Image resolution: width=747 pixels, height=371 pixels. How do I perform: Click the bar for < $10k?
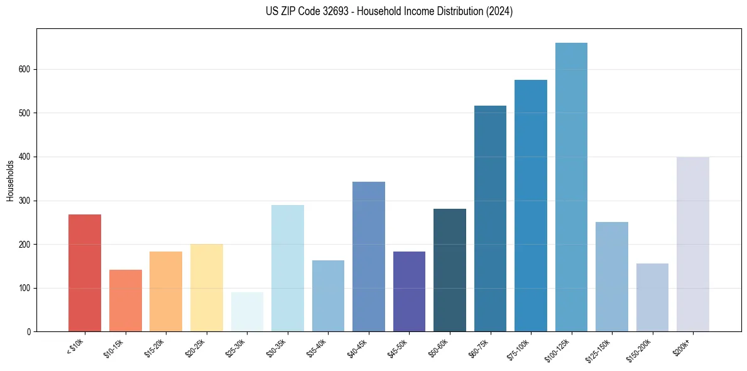coord(85,273)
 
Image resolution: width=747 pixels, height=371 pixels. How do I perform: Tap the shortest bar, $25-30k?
coord(247,312)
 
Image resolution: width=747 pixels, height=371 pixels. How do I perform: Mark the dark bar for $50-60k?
coord(450,270)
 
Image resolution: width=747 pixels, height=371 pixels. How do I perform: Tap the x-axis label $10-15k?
coord(115,347)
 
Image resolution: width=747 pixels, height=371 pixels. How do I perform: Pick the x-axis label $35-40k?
coord(318,347)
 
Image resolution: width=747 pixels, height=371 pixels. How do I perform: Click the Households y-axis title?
coord(11,180)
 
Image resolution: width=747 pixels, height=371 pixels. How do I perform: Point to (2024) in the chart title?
coord(499,11)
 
